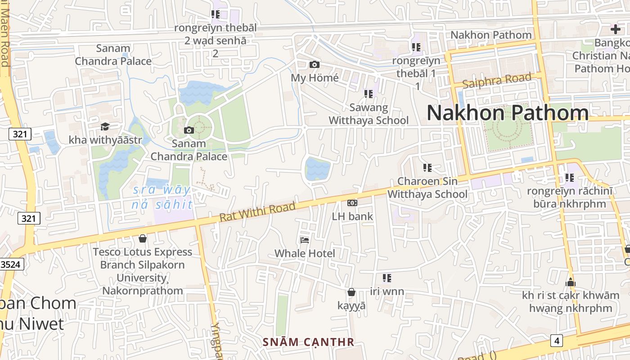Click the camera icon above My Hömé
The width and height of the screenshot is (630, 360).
315,65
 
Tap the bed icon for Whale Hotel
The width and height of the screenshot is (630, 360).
305,240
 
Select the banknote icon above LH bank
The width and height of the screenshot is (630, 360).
352,203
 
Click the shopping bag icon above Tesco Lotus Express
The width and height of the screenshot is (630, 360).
143,238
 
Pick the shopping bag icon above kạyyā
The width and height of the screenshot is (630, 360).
351,292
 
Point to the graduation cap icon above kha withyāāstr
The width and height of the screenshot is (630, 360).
105,126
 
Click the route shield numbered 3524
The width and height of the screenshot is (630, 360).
10,264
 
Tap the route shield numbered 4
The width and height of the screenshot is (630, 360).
557,341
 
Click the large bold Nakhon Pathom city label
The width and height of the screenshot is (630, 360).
508,112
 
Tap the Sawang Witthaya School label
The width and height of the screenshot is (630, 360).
369,114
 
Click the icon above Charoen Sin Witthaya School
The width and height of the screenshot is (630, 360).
427,168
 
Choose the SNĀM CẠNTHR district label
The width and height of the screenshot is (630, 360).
309,342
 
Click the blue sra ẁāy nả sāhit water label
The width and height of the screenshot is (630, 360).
162,197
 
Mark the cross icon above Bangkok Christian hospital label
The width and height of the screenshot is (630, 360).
615,30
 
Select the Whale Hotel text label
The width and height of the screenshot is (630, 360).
305,253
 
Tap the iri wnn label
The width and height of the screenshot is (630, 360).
387,292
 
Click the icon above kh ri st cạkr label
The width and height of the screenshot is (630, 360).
571,283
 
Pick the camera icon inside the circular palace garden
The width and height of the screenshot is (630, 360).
189,130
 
